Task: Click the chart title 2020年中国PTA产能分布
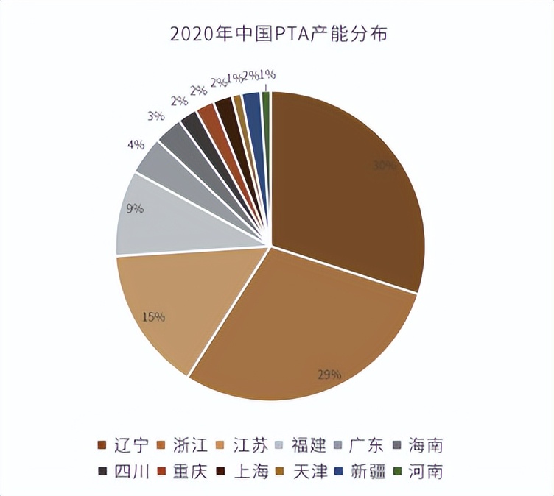tap(277, 34)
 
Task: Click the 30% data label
tap(383, 166)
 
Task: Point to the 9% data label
tap(135, 208)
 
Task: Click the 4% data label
tap(135, 145)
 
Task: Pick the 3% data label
tap(155, 116)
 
